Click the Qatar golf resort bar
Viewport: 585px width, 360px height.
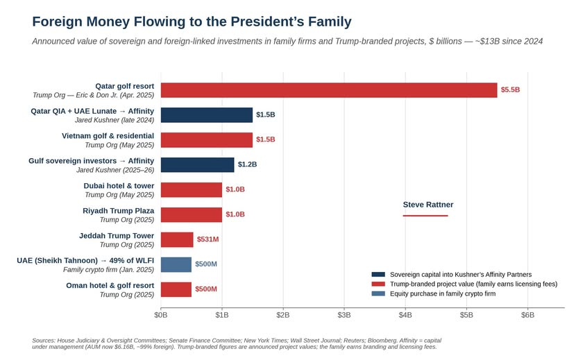329,90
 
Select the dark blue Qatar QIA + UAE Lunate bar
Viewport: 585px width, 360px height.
207,115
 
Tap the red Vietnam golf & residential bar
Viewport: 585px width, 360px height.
207,140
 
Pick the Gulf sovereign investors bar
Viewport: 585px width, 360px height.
197,165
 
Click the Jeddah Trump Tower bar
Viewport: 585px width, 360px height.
177,239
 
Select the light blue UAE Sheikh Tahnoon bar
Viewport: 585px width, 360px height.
176,264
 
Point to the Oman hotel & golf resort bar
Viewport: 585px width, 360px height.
176,289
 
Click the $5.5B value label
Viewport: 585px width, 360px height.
510,90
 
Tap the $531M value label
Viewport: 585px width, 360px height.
207,239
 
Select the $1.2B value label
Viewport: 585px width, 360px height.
247,164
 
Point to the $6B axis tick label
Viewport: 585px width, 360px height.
527,315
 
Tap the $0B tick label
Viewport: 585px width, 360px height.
161,315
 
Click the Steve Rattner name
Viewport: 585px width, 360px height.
428,205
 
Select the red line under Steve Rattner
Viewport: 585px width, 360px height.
425,216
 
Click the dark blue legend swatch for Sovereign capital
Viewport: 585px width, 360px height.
378,275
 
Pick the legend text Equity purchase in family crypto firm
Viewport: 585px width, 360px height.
443,293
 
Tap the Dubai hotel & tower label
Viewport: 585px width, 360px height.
119,186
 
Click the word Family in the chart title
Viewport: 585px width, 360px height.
330,22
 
